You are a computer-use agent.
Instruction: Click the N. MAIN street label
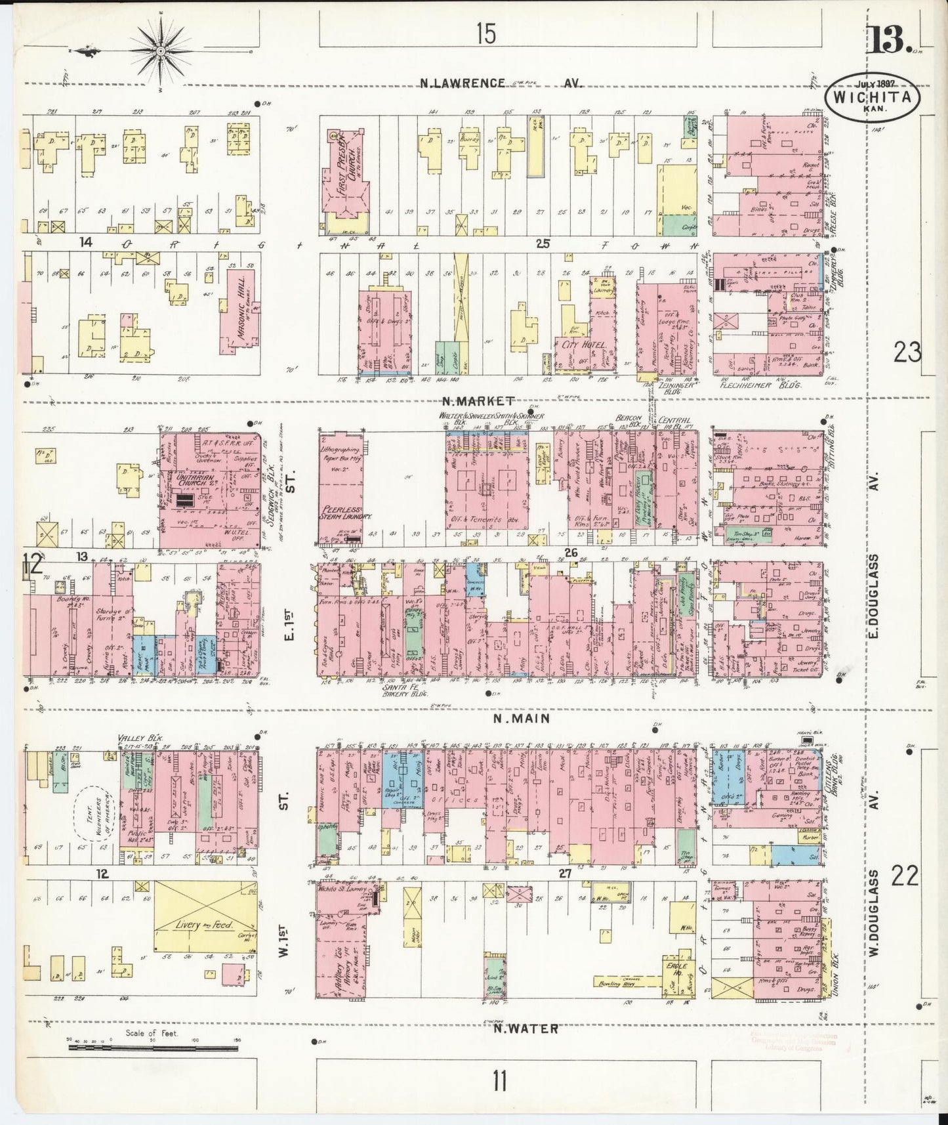(x=521, y=719)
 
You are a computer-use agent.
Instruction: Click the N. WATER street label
(x=526, y=1029)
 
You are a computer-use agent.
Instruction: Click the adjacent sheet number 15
(x=486, y=33)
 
